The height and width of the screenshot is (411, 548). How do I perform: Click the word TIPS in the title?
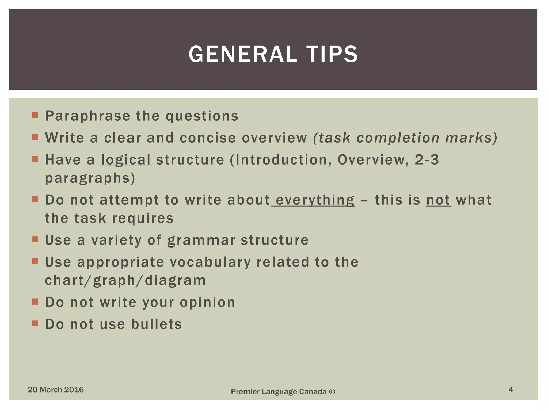pos(332,54)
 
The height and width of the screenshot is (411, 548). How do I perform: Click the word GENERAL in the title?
pos(243,54)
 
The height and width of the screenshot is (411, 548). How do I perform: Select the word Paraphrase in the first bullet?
pos(87,116)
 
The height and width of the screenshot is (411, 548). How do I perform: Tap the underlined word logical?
pos(126,160)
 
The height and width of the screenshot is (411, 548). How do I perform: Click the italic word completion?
pos(398,138)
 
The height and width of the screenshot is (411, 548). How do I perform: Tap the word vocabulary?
pos(210,262)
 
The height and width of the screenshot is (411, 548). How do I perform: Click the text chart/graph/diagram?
pos(125,281)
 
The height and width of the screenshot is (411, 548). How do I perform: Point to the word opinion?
pos(207,303)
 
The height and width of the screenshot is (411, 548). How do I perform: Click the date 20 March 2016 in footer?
pos(56,390)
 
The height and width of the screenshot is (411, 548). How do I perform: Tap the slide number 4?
pos(511,389)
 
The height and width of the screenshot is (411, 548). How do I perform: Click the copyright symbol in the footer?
pos(332,392)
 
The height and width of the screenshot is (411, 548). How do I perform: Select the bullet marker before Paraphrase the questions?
pos(35,115)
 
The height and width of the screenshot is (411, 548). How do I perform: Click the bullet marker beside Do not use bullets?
pos(35,324)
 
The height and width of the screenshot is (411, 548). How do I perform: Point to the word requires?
pos(143,218)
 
